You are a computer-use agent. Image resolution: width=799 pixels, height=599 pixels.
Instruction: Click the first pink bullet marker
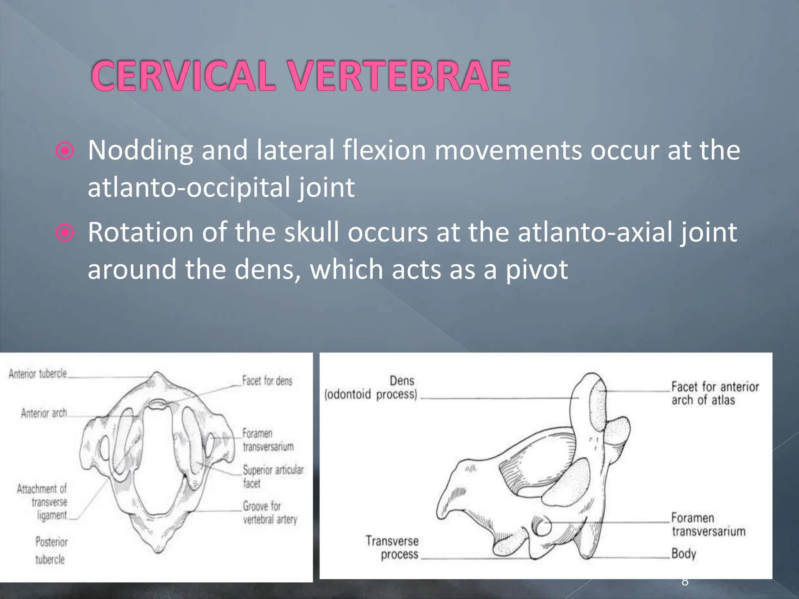(x=64, y=151)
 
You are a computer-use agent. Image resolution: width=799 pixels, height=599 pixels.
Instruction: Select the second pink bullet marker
(x=64, y=233)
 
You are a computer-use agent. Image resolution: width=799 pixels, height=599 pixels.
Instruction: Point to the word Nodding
(x=140, y=151)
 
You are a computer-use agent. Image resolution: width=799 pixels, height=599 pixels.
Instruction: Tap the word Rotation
(x=140, y=232)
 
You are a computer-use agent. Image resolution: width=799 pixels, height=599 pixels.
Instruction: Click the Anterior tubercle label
(x=38, y=374)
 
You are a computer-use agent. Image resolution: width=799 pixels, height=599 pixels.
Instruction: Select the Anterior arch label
(x=44, y=413)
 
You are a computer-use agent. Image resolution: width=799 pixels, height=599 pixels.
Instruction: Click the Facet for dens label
(x=267, y=381)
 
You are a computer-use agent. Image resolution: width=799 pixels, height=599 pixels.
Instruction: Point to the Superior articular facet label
(x=273, y=476)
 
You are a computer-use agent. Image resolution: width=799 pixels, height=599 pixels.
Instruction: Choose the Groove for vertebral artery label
(x=270, y=512)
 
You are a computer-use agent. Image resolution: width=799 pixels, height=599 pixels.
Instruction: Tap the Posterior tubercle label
(x=51, y=550)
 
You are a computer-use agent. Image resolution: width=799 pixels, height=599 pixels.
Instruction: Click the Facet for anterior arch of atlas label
(x=715, y=393)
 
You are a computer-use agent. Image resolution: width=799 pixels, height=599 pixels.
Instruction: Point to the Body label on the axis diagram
(x=684, y=554)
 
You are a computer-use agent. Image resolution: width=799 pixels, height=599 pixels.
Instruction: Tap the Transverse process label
(x=392, y=548)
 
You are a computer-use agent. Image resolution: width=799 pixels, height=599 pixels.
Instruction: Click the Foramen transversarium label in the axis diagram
(x=708, y=525)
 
